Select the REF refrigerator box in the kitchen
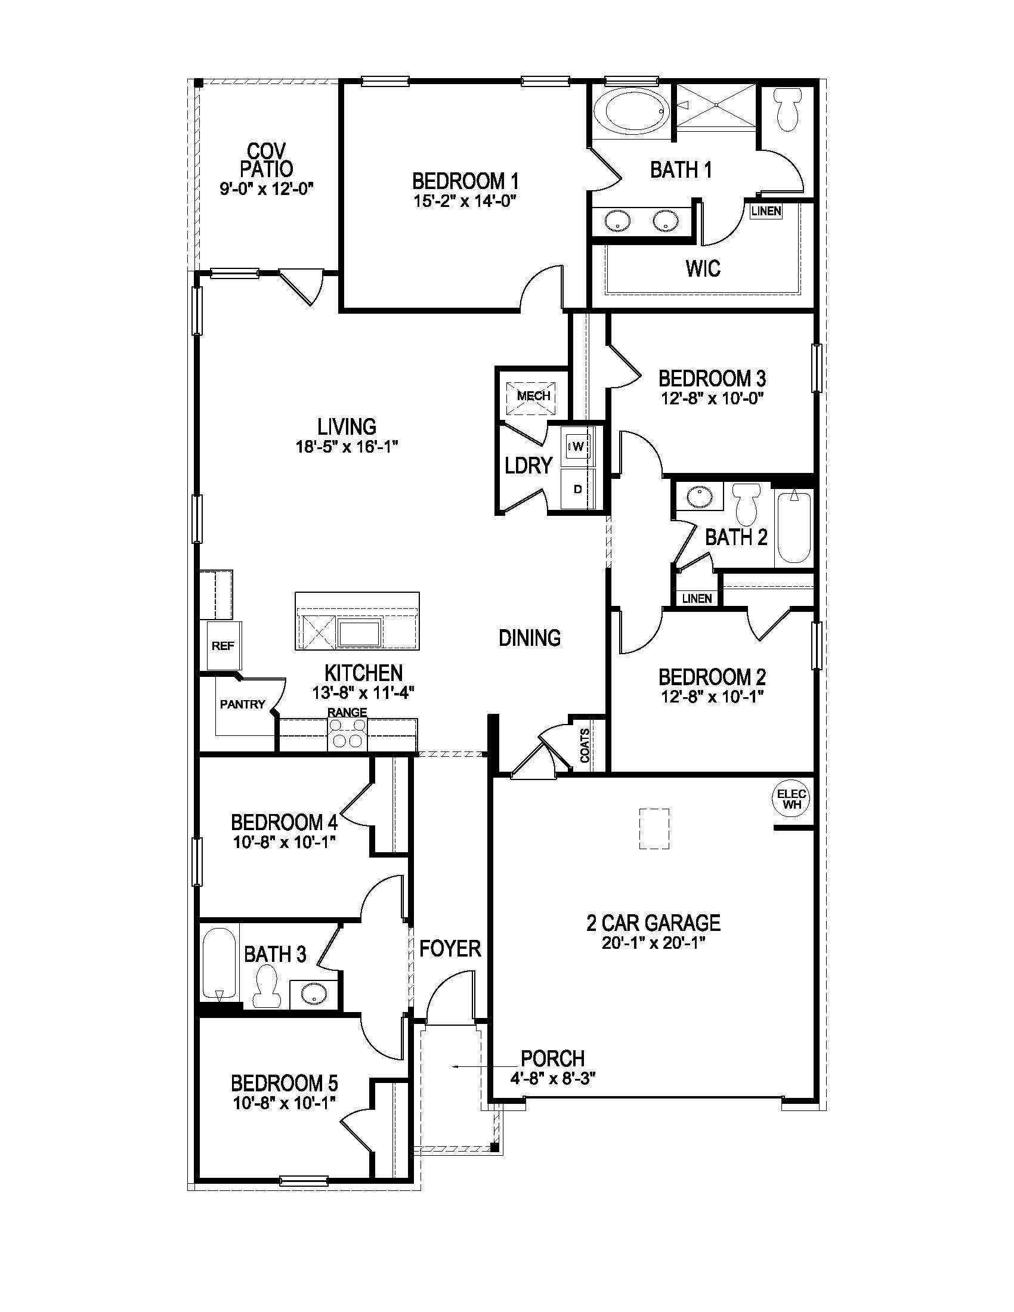pos(224,646)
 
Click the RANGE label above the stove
pos(347,712)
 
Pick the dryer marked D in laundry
pos(578,489)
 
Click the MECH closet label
pos(533,396)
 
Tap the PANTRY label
pos(243,704)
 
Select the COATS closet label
pos(585,745)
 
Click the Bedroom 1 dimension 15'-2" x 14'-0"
pos(466,200)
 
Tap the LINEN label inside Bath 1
pos(766,211)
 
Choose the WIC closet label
pos(703,268)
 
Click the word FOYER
pos(450,949)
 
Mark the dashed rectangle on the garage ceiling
pos(654,829)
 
